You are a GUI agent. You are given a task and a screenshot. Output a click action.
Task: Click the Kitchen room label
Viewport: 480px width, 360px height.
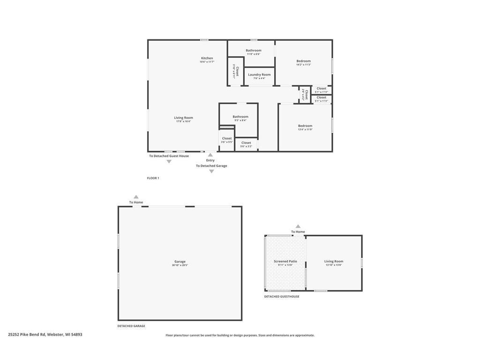point(207,59)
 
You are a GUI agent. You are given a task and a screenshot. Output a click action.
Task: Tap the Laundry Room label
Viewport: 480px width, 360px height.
point(259,75)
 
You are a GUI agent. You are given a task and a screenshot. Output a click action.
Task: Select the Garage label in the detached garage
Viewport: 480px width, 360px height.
point(180,262)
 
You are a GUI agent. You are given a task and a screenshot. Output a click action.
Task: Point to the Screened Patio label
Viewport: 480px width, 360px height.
point(285,262)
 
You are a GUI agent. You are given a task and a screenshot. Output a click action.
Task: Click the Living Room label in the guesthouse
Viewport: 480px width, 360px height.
point(334,262)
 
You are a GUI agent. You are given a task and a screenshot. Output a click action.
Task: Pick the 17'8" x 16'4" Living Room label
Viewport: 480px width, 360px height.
point(183,118)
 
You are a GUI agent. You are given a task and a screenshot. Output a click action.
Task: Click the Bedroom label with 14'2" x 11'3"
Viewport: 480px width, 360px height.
point(303,61)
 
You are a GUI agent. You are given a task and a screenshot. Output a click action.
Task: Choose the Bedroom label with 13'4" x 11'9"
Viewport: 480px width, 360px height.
point(305,126)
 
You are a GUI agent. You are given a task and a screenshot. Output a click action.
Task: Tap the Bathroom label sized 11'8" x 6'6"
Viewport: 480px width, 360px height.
point(254,51)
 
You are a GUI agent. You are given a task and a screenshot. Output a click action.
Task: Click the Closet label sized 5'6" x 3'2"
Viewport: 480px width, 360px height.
point(246,143)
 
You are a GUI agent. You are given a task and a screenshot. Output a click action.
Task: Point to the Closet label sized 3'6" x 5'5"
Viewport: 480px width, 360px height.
point(227,139)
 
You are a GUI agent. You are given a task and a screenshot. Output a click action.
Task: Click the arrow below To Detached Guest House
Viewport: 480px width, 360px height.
point(169,162)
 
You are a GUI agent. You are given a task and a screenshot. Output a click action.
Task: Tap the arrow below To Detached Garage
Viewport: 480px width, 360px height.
point(211,172)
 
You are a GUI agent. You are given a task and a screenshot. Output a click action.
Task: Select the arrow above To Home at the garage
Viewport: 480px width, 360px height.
point(136,197)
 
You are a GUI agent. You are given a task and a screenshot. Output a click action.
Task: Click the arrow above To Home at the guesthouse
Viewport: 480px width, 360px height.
point(298,226)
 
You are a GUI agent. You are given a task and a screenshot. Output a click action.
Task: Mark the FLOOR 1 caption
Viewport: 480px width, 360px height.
point(153,178)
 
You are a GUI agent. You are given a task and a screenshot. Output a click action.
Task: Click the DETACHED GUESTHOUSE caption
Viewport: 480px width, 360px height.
point(282,297)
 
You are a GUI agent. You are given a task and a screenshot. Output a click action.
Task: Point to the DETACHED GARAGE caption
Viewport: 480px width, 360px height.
point(131,326)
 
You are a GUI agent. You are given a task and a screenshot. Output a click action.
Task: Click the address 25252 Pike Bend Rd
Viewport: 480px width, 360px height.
point(45,335)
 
